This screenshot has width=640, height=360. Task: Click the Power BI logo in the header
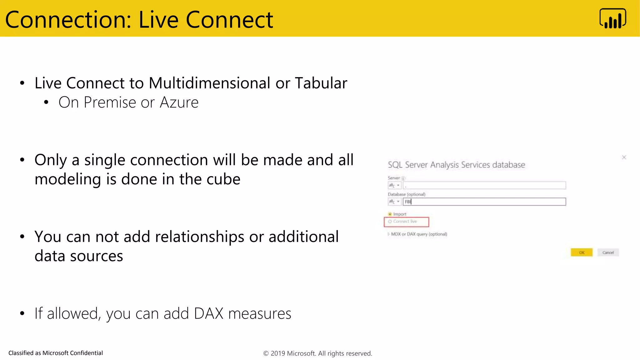(612, 19)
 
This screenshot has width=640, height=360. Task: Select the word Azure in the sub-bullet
(179, 102)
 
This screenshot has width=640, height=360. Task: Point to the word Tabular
(321, 83)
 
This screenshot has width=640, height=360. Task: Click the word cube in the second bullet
(223, 179)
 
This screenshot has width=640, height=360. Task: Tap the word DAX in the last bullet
(208, 313)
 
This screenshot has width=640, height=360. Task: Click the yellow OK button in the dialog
(581, 252)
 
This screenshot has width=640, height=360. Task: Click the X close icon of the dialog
(624, 157)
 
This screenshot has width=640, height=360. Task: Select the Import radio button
(390, 214)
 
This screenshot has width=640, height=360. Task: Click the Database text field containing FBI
(484, 202)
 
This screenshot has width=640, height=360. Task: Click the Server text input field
(484, 186)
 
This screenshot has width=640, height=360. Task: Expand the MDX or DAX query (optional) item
(389, 234)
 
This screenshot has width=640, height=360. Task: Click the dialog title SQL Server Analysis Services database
(456, 165)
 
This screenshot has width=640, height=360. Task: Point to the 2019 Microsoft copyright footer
(317, 353)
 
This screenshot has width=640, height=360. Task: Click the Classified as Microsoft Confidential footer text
(56, 353)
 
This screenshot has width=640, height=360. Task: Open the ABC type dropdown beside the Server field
(394, 186)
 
